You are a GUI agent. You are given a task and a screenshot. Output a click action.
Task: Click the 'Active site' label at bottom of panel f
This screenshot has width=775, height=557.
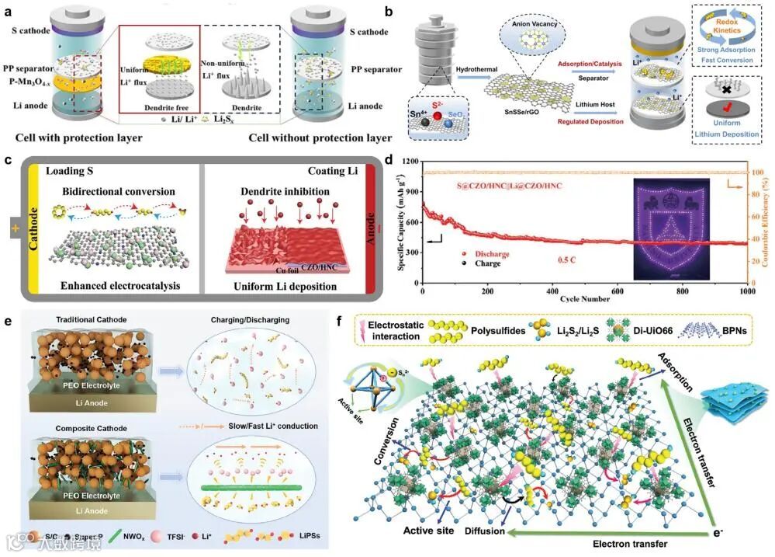428,531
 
